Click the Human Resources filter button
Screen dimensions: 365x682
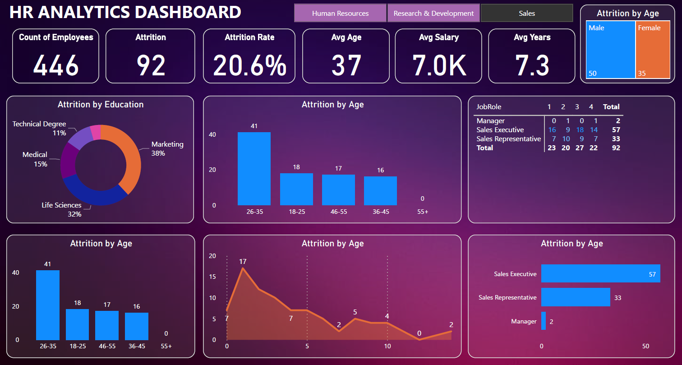pos(340,13)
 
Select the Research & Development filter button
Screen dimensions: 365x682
pos(433,13)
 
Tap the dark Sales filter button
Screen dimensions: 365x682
pos(526,13)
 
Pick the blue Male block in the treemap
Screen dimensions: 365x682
pos(611,50)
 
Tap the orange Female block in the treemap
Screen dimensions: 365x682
pos(653,50)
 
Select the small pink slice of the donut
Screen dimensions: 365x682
pos(96,132)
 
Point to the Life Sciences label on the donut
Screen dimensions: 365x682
pos(62,205)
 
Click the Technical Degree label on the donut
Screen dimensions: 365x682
pos(39,124)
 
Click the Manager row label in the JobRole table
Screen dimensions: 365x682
pos(491,121)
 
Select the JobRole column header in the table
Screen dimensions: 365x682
pos(489,107)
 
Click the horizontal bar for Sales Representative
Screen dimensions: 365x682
pos(576,297)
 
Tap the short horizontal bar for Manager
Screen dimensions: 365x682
pos(544,321)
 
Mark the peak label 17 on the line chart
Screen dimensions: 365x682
pos(243,262)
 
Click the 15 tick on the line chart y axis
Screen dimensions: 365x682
pos(212,277)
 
